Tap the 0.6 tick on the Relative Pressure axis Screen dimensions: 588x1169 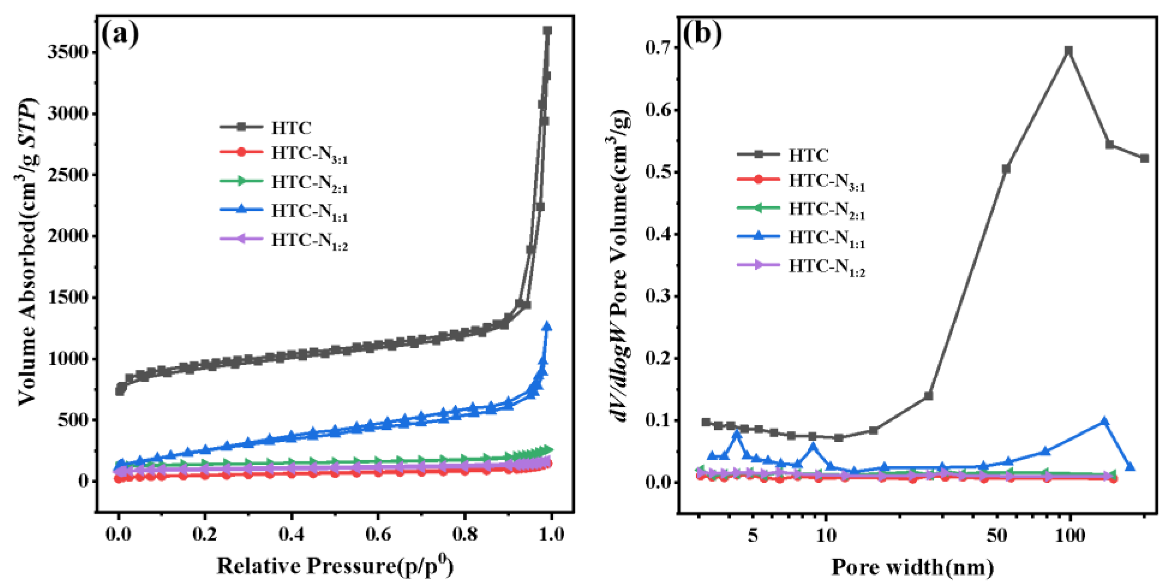[378, 534]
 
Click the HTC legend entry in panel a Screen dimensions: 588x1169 [290, 128]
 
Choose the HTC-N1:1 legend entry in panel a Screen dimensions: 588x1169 [308, 211]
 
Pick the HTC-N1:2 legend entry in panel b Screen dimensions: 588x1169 [826, 266]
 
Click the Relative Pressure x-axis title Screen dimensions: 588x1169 [335, 565]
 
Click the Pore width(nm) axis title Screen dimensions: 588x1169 [912, 567]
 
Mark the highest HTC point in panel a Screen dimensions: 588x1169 [547, 30]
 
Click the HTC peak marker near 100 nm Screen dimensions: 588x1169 [1069, 50]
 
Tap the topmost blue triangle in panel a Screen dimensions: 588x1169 [547, 326]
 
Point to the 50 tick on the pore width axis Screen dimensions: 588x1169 [997, 536]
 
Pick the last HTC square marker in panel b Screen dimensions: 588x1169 [1145, 158]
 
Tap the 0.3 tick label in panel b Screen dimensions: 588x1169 [659, 296]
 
